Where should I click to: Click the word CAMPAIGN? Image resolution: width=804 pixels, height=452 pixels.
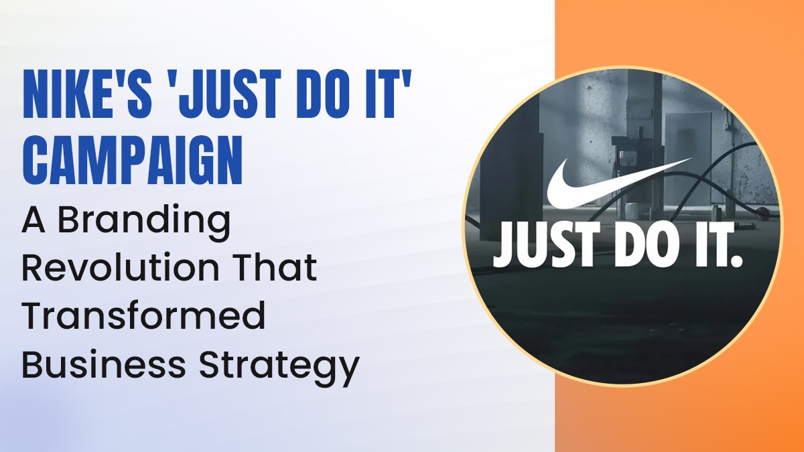point(133,161)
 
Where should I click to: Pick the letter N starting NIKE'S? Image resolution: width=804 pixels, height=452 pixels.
point(37,94)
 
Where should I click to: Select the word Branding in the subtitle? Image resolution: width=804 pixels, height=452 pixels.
point(144,224)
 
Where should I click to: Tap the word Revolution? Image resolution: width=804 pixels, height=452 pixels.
point(121,268)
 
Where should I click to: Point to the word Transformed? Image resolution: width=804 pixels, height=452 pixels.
point(143,315)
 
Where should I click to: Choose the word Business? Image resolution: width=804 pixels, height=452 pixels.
point(104,364)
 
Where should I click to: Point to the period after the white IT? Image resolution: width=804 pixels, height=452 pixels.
point(736,261)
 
